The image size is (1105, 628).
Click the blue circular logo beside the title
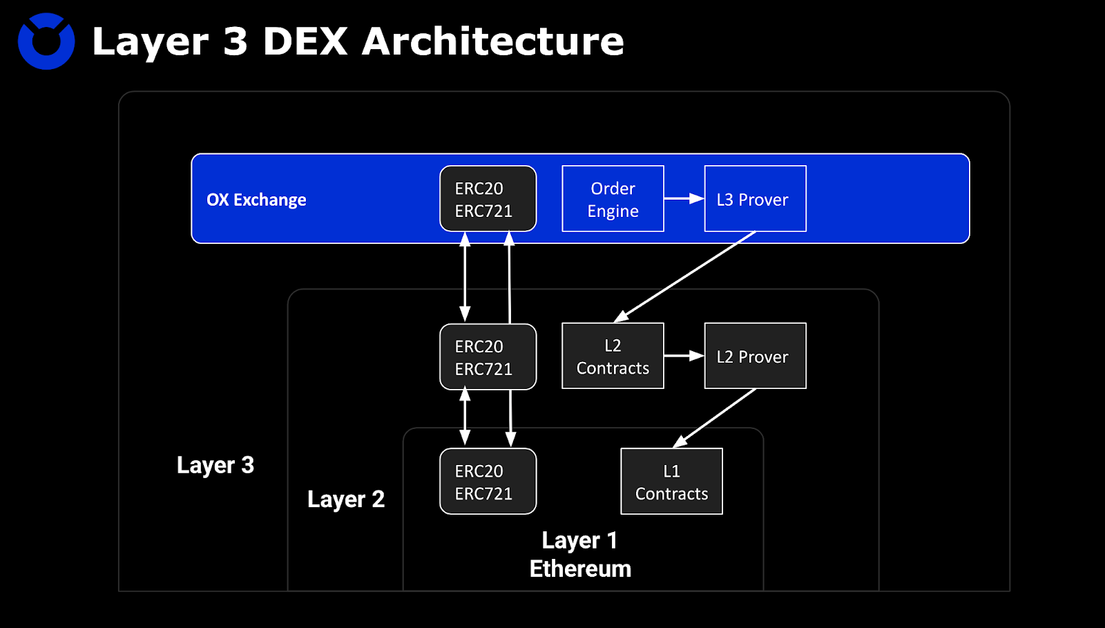tap(46, 41)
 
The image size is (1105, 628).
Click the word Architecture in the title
tap(492, 41)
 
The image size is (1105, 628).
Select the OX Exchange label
tap(256, 200)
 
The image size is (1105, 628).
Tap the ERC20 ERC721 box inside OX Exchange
tap(488, 199)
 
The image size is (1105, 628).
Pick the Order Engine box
tap(613, 199)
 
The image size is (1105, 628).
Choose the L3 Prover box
tap(755, 199)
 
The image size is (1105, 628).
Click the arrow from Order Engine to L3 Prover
tap(684, 199)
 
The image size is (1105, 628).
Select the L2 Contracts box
tap(613, 356)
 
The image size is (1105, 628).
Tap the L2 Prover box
tap(755, 356)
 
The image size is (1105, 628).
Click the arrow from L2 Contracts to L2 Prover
tap(684, 356)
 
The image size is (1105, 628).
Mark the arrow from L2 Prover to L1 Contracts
tap(715, 418)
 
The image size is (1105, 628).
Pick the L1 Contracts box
tap(671, 482)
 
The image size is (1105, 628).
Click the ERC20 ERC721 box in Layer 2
tap(488, 357)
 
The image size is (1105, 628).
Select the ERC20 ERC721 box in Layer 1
tap(488, 482)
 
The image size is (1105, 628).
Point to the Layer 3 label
tap(215, 465)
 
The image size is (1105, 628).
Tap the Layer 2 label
tap(346, 499)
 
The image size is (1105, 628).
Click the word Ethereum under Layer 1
tap(580, 569)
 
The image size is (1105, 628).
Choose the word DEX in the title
tap(305, 41)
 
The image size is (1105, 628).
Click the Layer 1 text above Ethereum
tap(579, 540)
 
